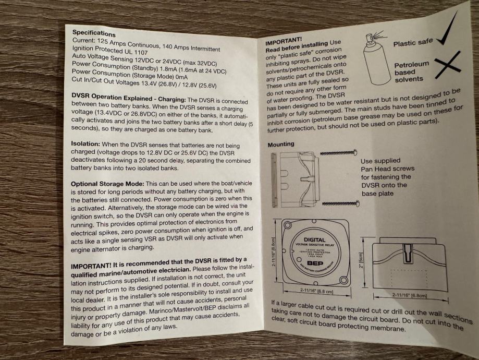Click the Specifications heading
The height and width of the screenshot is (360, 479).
point(94,33)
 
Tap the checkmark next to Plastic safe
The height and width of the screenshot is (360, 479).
point(447,30)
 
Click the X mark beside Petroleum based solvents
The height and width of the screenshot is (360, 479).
point(447,65)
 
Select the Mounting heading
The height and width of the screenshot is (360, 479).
point(281,144)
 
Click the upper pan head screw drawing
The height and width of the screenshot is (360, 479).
point(338,152)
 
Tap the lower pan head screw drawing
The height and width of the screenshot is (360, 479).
point(340,203)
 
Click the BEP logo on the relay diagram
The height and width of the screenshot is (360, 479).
point(315,263)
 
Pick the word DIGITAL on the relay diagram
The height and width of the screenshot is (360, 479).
point(314,240)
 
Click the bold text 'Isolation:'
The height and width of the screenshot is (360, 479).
point(85,144)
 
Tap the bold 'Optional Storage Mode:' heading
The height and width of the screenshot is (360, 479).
point(107,184)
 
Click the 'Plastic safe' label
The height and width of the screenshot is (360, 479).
point(413,42)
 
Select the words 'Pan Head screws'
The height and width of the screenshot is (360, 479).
point(388,169)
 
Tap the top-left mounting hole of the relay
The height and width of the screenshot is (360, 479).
point(288,225)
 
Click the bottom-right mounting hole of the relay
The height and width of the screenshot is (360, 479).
point(343,280)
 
